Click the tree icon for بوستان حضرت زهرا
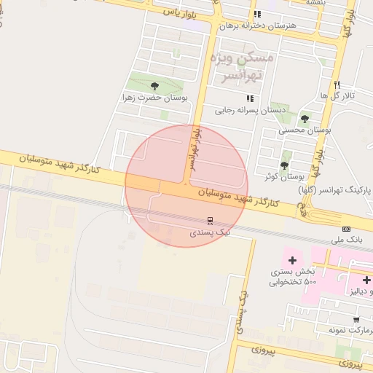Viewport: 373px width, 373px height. coord(154,85)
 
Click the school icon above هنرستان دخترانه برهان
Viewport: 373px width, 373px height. coord(256,14)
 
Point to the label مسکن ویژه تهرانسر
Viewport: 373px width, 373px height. coord(241,66)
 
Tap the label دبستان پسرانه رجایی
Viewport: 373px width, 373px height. coord(248,110)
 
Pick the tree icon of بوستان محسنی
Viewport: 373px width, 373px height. coord(305,119)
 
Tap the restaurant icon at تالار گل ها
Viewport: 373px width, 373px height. coord(337,85)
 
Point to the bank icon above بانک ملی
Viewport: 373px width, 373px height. coord(346,229)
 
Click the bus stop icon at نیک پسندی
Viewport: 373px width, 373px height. coord(210,220)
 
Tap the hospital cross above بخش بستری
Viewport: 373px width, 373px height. coord(292,260)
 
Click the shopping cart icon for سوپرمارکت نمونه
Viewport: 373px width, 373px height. coord(356,319)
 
